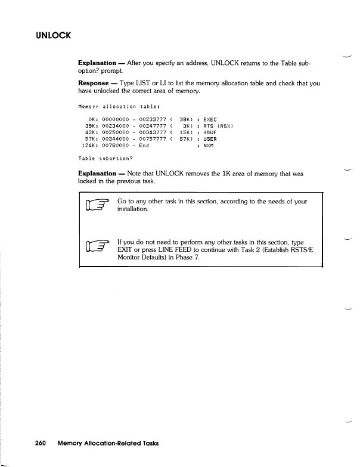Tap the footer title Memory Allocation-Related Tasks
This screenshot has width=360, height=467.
click(108, 443)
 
